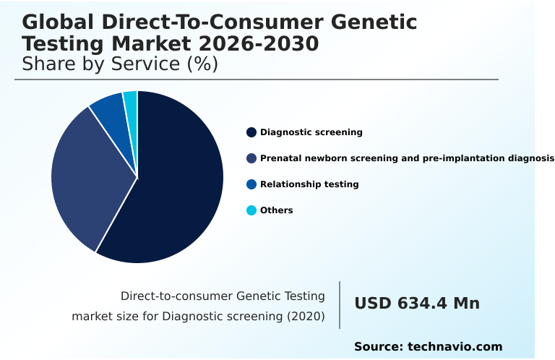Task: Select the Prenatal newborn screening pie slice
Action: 83,181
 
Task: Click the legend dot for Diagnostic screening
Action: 251,132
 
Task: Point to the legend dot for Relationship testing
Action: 251,184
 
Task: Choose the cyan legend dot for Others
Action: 251,210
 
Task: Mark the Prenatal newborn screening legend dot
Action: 251,158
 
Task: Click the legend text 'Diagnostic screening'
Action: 311,132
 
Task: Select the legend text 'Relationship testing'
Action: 309,184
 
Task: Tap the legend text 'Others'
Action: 277,210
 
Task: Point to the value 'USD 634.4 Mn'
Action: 417,304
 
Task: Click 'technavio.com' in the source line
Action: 455,347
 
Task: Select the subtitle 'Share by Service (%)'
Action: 120,64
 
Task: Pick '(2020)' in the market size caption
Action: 306,316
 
